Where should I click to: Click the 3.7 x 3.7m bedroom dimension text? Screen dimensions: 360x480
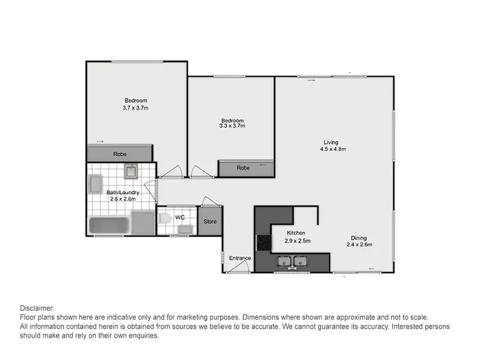click(136, 108)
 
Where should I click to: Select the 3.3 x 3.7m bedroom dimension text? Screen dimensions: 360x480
click(232, 126)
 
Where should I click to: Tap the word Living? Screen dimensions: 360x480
click(331, 142)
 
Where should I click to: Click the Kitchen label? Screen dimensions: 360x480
click(296, 233)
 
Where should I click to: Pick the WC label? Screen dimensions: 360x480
click(180, 217)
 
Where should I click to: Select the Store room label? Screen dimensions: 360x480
click(210, 222)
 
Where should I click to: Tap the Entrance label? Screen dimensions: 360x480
click(240, 258)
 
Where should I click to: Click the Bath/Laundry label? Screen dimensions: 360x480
click(123, 192)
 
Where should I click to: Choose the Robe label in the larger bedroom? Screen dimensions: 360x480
click(120, 154)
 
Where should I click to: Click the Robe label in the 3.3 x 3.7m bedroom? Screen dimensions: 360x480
click(243, 168)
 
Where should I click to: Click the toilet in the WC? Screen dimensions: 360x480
click(164, 219)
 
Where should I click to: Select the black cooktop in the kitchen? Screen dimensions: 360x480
click(264, 242)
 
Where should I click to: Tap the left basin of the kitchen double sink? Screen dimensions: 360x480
click(284, 260)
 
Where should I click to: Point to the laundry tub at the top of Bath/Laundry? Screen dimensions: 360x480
click(131, 171)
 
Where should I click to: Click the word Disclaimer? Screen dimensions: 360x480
click(37, 308)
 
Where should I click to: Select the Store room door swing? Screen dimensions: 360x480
click(211, 201)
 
